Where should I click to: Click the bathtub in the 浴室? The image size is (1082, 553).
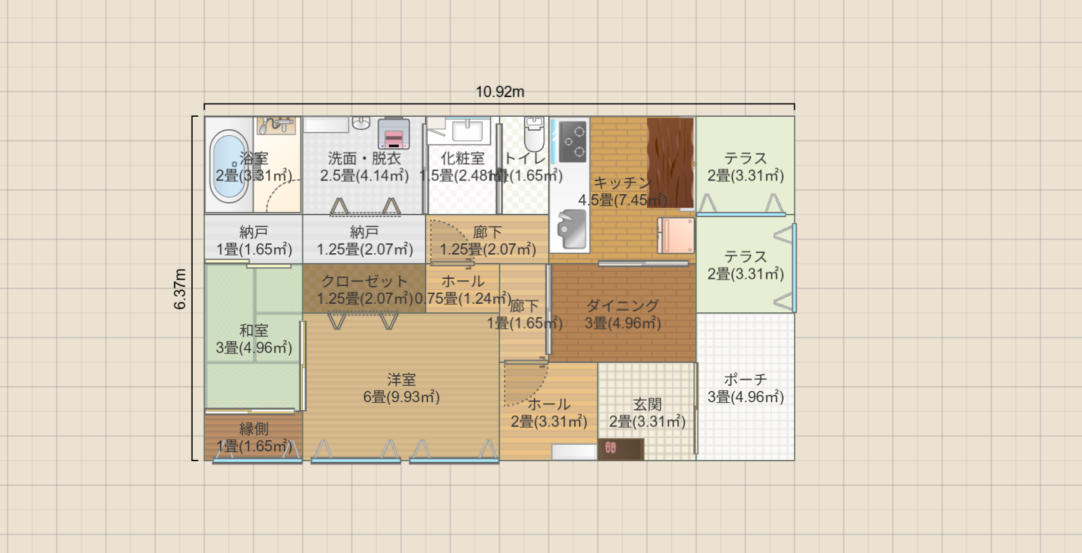pyautogui.click(x=229, y=165)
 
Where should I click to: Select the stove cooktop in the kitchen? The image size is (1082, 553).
pyautogui.click(x=571, y=142)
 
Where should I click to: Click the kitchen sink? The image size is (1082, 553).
pyautogui.click(x=571, y=229)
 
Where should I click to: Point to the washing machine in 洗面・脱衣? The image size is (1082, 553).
pyautogui.click(x=393, y=134)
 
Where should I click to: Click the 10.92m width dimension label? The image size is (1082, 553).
pyautogui.click(x=500, y=92)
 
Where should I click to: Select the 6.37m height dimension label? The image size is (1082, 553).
pyautogui.click(x=180, y=289)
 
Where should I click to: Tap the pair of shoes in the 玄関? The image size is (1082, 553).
pyautogui.click(x=611, y=448)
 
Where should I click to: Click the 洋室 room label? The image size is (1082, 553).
pyautogui.click(x=401, y=380)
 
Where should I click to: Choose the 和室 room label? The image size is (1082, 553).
pyautogui.click(x=254, y=331)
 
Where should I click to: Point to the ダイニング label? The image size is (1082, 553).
pyautogui.click(x=622, y=306)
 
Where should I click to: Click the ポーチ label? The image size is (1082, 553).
pyautogui.click(x=746, y=380)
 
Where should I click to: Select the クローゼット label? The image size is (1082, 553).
pyautogui.click(x=365, y=281)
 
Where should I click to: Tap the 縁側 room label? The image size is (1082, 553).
pyautogui.click(x=254, y=429)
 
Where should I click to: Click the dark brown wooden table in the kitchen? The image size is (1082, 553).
pyautogui.click(x=670, y=161)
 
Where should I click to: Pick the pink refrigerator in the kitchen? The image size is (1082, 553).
pyautogui.click(x=676, y=235)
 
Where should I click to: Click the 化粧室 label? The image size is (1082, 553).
pyautogui.click(x=462, y=158)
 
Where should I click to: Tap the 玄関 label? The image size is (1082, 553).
pyautogui.click(x=647, y=405)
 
